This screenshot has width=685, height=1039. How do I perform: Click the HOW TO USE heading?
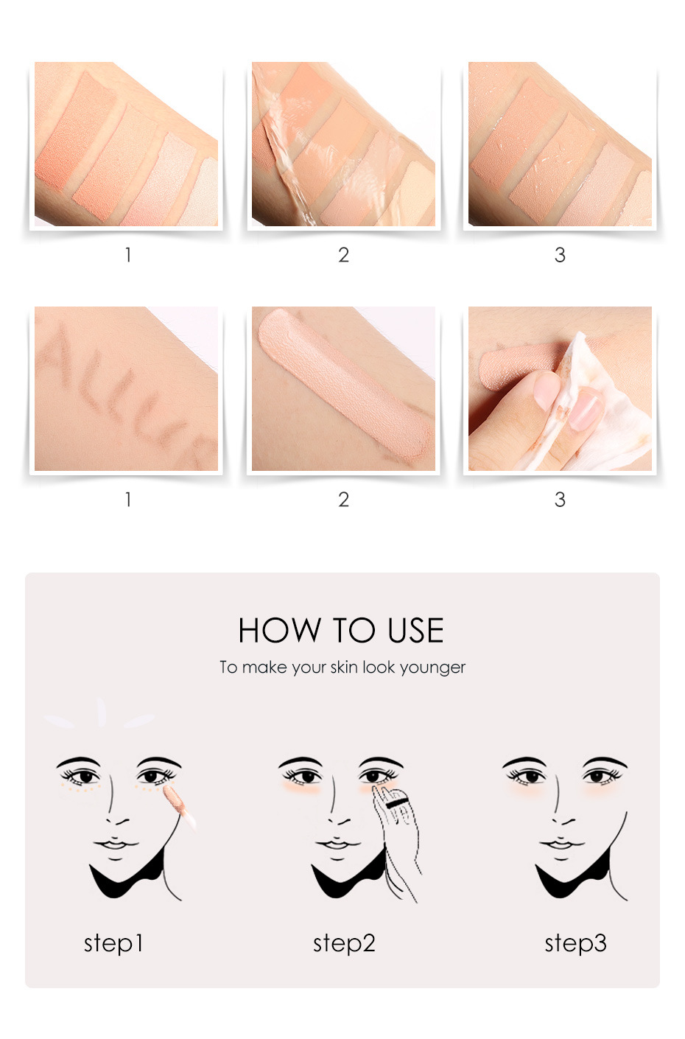pyautogui.click(x=341, y=630)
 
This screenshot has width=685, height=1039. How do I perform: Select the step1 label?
pyautogui.click(x=113, y=944)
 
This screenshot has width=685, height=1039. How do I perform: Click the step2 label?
pyautogui.click(x=344, y=944)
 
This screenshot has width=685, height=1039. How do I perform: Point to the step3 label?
pyautogui.click(x=575, y=944)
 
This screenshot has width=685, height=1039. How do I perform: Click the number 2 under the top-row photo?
pyautogui.click(x=343, y=255)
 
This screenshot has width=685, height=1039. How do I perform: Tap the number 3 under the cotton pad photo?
pyautogui.click(x=560, y=500)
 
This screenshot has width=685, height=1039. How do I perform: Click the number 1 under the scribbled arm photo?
pyautogui.click(x=128, y=500)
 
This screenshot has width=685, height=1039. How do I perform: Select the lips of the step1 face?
pyautogui.click(x=115, y=844)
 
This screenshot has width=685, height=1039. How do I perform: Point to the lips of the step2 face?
pyautogui.click(x=337, y=844)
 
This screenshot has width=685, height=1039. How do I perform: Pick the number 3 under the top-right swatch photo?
pyautogui.click(x=560, y=255)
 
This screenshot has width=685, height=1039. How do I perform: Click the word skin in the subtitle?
pyautogui.click(x=344, y=667)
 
